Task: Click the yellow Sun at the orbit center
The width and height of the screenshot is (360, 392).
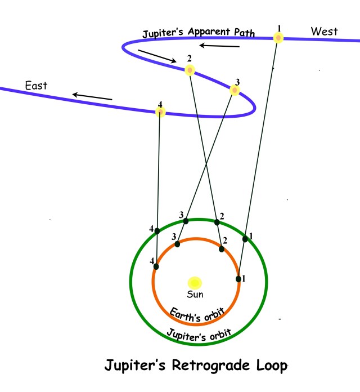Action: (x=195, y=282)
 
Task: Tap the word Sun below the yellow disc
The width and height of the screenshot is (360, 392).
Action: (x=195, y=294)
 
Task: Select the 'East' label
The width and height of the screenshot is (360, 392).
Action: (x=36, y=86)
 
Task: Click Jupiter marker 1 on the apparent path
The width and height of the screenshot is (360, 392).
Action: (x=278, y=38)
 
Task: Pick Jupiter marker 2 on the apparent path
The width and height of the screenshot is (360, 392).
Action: (x=190, y=70)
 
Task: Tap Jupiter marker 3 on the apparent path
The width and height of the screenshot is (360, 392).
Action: (x=235, y=90)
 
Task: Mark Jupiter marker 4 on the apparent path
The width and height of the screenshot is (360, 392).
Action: (x=160, y=112)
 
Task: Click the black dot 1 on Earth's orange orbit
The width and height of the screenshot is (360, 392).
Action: (x=238, y=278)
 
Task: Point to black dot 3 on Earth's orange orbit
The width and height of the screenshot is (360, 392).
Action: (x=177, y=244)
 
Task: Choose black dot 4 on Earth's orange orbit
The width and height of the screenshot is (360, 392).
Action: (x=156, y=267)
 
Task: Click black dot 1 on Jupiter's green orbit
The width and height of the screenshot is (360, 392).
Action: (x=245, y=239)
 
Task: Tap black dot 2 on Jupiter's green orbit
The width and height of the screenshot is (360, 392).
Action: (x=217, y=221)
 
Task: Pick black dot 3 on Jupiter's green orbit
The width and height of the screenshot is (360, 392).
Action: (x=186, y=221)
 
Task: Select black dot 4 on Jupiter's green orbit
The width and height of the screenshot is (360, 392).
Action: (x=157, y=230)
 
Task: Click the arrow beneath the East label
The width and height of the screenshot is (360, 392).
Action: (x=92, y=96)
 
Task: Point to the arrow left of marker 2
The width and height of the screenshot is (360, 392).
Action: (x=156, y=55)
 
